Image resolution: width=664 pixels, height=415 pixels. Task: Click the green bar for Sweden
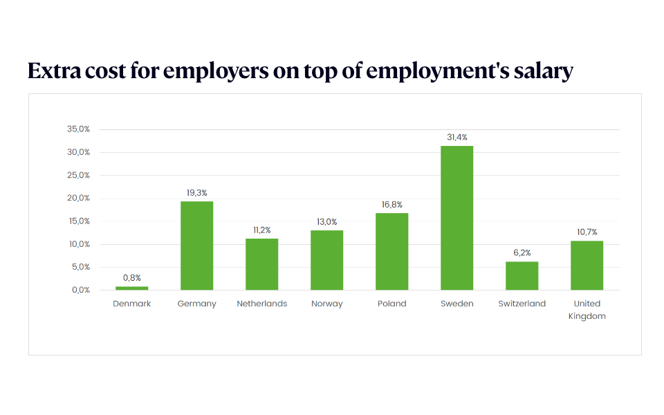pos(456,218)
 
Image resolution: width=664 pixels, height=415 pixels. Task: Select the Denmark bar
pos(131,288)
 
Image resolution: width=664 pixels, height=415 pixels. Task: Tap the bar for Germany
pos(196,246)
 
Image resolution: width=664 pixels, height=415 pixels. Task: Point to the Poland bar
pos(391,251)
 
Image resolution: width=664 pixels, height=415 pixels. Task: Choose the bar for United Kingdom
pos(587,266)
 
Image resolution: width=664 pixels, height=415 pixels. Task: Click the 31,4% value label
pos(456,138)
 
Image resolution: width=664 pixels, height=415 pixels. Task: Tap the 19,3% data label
pos(196,193)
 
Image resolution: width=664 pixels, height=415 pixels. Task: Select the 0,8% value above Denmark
pos(131,278)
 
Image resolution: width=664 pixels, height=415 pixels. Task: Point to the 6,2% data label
pos(522,253)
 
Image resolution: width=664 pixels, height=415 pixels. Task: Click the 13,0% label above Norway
pos(326,222)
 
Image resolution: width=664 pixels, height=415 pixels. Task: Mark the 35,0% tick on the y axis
pos(78,129)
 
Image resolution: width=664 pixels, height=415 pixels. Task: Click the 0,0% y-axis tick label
pos(80,290)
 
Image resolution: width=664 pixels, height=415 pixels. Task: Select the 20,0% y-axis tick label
pos(78,199)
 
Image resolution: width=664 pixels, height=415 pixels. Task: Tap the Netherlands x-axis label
pos(261,304)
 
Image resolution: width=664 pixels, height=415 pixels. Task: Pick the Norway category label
pos(326,304)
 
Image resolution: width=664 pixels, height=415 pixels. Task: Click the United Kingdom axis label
pos(587,310)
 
